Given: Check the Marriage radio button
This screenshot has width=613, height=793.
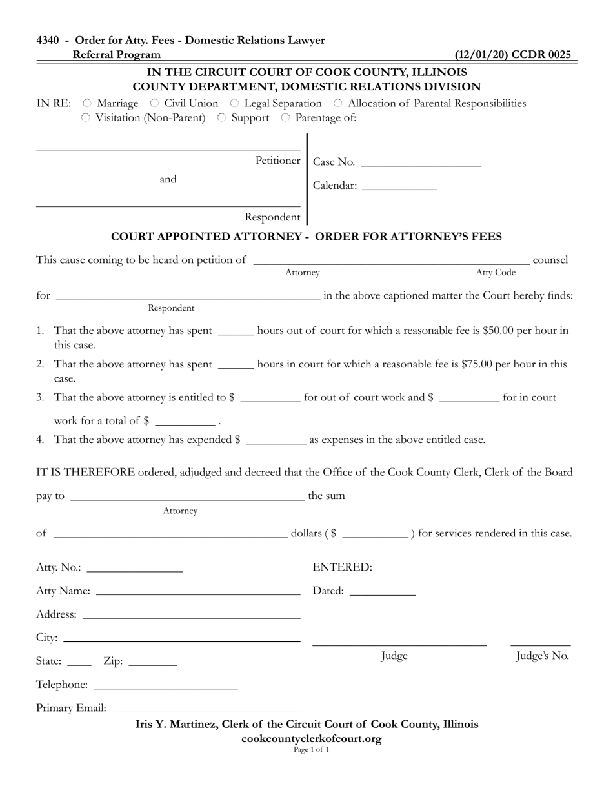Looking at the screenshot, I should tap(87, 103).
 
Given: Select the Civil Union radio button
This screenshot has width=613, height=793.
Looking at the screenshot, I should tap(154, 103).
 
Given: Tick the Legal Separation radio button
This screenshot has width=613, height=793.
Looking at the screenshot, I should tap(235, 103).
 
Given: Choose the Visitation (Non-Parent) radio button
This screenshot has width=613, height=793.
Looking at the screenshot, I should tap(86, 118).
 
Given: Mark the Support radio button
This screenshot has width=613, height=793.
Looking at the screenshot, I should tap(221, 118).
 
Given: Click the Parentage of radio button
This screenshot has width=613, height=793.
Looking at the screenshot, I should tap(285, 118).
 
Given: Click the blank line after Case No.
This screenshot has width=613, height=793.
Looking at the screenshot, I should tap(421, 162).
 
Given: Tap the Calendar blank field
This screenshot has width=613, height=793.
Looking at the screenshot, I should tap(399, 186).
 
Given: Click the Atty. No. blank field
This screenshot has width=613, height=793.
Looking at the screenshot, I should tap(134, 568).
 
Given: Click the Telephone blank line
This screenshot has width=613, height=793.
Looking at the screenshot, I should tap(165, 685).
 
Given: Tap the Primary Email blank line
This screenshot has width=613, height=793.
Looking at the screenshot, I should tap(206, 709).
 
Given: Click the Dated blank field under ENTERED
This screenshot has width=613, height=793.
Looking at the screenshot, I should tap(382, 591).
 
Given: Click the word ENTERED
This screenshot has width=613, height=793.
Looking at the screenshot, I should tap(342, 567).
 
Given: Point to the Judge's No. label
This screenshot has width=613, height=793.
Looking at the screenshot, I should tap(542, 656).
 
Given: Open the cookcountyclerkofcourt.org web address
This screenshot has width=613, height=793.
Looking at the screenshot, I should tap(311, 739).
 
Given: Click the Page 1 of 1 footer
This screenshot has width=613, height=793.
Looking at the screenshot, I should tap(311, 750).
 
